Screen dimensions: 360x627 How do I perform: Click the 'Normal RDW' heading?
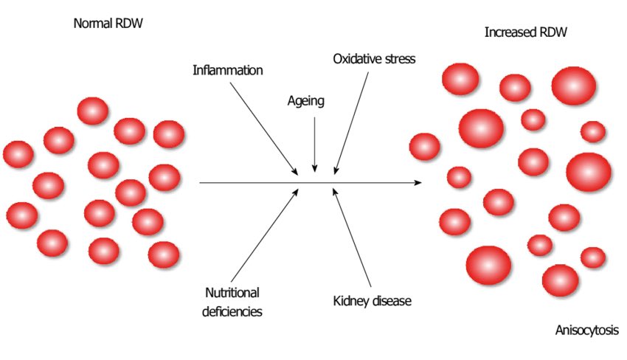pyautogui.click(x=108, y=23)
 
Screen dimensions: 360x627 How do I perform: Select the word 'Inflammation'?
pyautogui.click(x=228, y=71)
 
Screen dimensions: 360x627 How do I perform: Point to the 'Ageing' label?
pyautogui.click(x=305, y=100)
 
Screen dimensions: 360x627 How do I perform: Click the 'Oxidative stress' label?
pyautogui.click(x=374, y=58)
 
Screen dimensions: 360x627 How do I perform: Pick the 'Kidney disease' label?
pyautogui.click(x=371, y=301)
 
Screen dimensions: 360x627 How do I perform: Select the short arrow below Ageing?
pyautogui.click(x=315, y=145)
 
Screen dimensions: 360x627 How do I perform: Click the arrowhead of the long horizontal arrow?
pyautogui.click(x=418, y=182)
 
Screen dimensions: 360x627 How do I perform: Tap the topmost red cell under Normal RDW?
pyautogui.click(x=93, y=111)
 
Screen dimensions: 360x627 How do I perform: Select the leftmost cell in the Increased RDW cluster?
pyautogui.click(x=425, y=146)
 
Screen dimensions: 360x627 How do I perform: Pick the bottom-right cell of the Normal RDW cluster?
pyautogui.click(x=164, y=255)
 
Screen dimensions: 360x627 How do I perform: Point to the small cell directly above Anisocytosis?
pyautogui.click(x=593, y=257)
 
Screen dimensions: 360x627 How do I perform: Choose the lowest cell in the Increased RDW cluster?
pyautogui.click(x=560, y=280)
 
